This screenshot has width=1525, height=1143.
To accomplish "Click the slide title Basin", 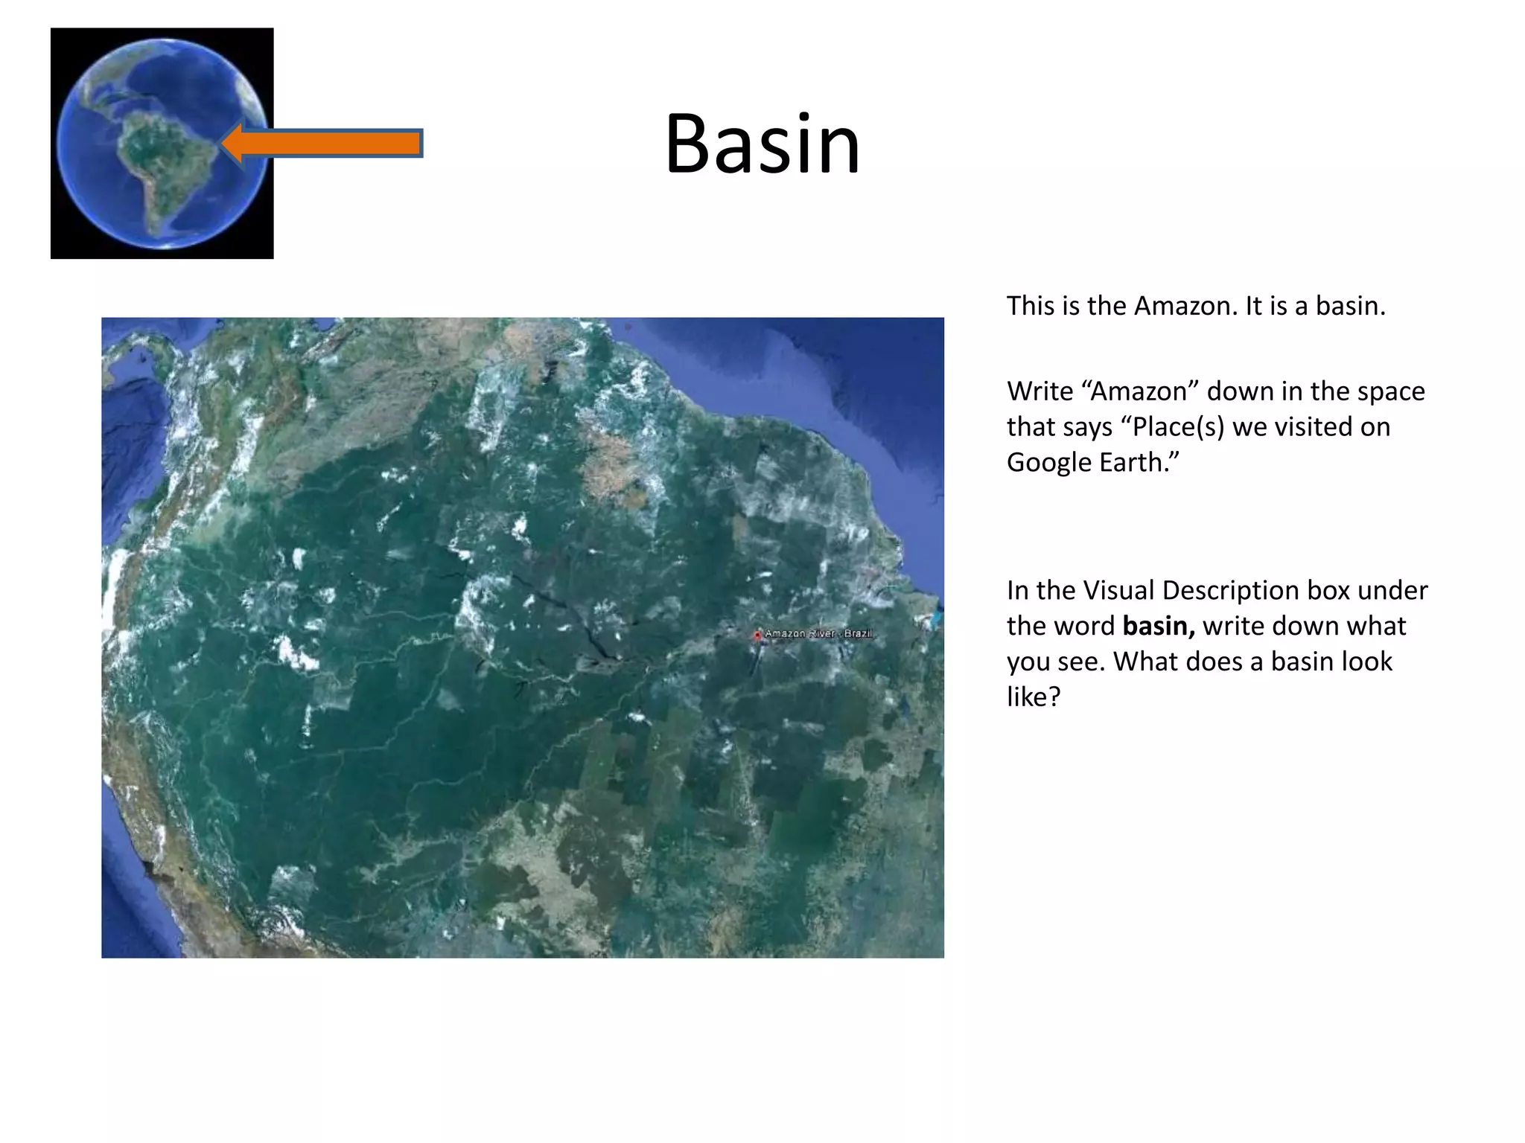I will (x=762, y=144).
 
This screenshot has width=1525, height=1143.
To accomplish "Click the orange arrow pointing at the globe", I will (x=328, y=143).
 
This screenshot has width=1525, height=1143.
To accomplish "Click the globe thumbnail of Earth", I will (x=162, y=143).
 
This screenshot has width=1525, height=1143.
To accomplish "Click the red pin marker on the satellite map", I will (x=757, y=635).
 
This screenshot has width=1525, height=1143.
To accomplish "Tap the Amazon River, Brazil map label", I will (x=818, y=633).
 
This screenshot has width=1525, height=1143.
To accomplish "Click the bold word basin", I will (x=1158, y=627).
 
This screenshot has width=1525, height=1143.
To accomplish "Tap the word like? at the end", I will (x=1033, y=697).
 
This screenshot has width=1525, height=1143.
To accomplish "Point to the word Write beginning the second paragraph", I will (x=1040, y=391).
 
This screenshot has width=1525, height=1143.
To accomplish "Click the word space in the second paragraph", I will (x=1388, y=391).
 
